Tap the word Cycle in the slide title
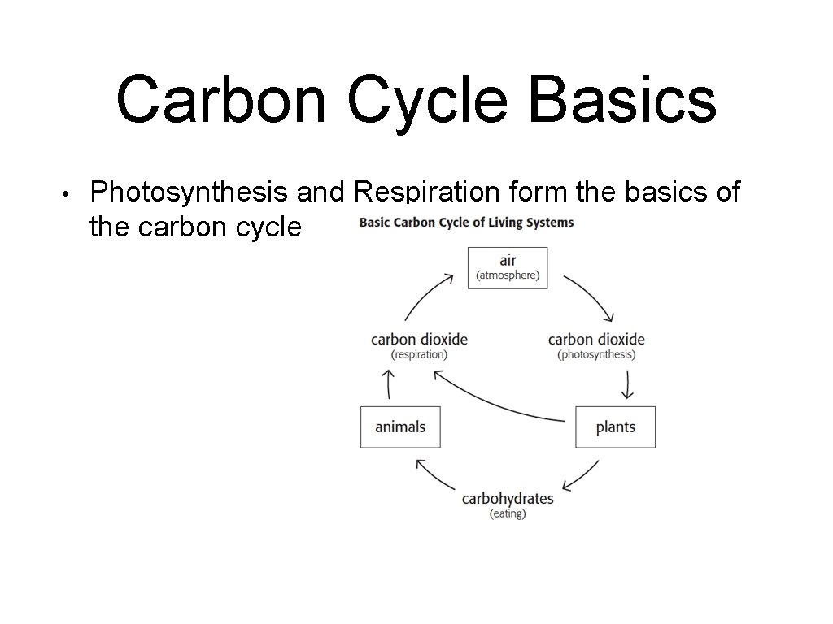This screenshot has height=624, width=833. coord(434,100)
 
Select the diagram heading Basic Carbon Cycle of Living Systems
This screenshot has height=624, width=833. coord(466,223)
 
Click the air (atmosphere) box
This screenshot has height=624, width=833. coord(507,267)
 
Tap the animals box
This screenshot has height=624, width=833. coord(400,427)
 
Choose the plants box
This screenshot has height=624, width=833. coord(615,427)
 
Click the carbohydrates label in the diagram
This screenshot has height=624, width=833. coord(508,498)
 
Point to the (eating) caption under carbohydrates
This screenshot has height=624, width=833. coord(508,514)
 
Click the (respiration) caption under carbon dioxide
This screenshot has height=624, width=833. coord(419,355)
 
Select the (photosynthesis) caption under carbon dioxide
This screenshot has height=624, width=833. coord(596,355)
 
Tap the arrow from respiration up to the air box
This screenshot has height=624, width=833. coord(426,296)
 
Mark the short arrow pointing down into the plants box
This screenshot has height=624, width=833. coord(626,384)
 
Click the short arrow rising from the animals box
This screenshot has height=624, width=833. coord(389,383)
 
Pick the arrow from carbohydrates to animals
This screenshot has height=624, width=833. coord(434,476)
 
